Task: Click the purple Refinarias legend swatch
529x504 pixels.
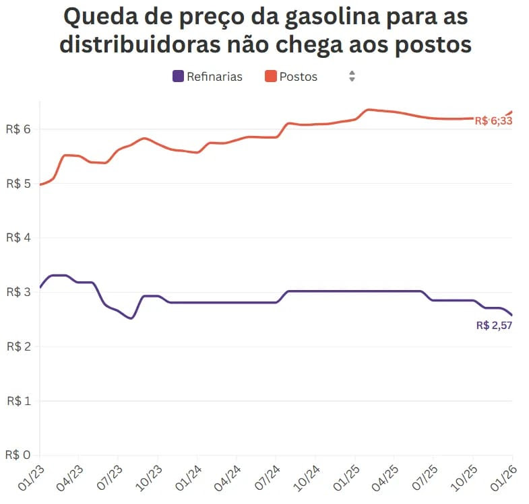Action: pyautogui.click(x=179, y=76)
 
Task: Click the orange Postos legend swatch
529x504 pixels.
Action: pyautogui.click(x=270, y=76)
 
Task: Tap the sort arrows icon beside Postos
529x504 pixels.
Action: pyautogui.click(x=352, y=76)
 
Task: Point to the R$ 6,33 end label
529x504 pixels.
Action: pyautogui.click(x=493, y=121)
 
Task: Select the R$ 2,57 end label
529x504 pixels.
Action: pyautogui.click(x=494, y=326)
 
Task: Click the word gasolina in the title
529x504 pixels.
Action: pyautogui.click(x=315, y=17)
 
